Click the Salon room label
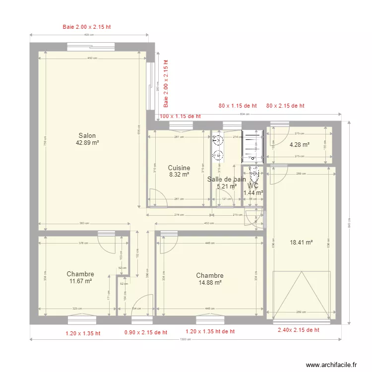[x=87, y=136]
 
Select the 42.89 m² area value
[x=87, y=143]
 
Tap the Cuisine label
[x=179, y=168]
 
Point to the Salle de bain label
[x=226, y=180]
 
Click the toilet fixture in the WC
[x=255, y=175]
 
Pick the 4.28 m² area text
[x=300, y=145]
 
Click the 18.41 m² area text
[x=301, y=243]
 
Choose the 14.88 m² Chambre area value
[x=209, y=283]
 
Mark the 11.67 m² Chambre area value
[x=80, y=281]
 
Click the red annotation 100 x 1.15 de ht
[x=180, y=117]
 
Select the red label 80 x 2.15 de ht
[x=285, y=106]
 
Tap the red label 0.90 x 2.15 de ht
[x=145, y=332]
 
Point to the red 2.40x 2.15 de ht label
[x=298, y=330]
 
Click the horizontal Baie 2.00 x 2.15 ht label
[x=87, y=27]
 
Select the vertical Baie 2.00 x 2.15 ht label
[x=166, y=84]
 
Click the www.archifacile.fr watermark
[x=331, y=365]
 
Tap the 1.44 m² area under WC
[x=253, y=193]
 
